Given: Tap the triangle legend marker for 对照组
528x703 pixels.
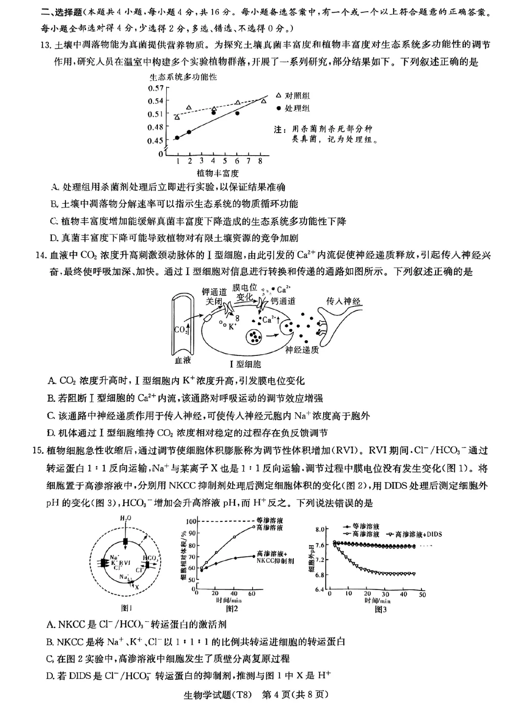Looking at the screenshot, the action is (x=278, y=95).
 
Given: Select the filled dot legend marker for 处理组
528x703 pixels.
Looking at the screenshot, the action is (x=278, y=108).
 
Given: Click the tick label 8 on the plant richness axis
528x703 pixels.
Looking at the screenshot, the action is (x=260, y=161).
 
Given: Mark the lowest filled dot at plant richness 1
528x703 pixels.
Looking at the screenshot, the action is (x=177, y=138).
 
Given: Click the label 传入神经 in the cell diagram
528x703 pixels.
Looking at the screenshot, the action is (x=343, y=301).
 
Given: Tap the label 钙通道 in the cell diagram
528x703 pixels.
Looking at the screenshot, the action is (x=284, y=301).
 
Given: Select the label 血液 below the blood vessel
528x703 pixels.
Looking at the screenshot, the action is (x=182, y=360).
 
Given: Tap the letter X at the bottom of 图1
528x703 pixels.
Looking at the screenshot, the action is (x=137, y=586).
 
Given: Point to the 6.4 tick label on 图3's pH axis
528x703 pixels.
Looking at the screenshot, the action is (x=320, y=589).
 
